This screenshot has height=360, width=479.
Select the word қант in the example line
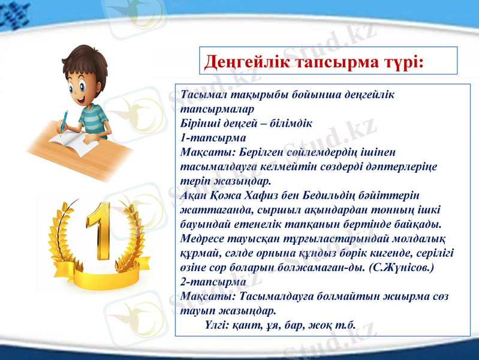[248, 325]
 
